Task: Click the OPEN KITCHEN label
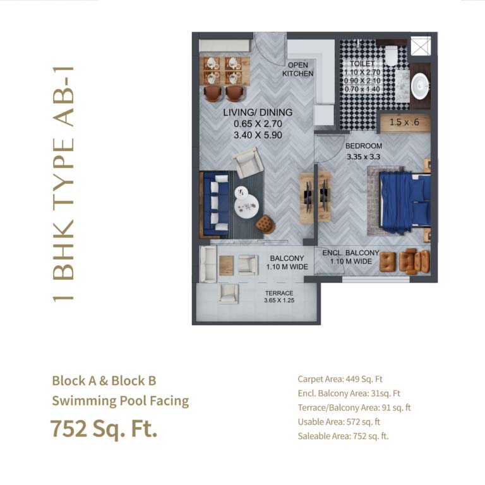point(297,69)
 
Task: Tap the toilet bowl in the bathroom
point(391,55)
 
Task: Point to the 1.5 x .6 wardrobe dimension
point(404,122)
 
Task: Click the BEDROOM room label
point(364,146)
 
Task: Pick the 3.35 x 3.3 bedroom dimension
point(364,157)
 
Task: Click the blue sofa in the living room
point(215,205)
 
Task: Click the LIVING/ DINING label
point(258,112)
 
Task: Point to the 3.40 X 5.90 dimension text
point(258,135)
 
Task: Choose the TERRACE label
point(279,293)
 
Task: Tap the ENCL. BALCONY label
point(350,253)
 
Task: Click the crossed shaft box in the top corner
point(421,45)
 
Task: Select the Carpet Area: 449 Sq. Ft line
point(340,379)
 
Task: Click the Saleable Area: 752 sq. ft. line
point(343,436)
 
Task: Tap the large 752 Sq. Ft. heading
point(104,429)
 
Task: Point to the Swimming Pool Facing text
point(121,401)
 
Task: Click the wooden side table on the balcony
point(227,265)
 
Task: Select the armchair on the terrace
point(228,294)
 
